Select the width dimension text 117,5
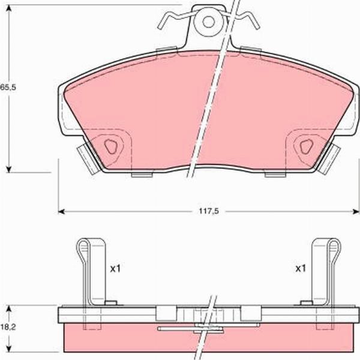[206, 211]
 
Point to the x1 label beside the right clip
[300, 268]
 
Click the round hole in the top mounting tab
[208, 22]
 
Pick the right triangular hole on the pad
[306, 146]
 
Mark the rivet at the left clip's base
[109, 302]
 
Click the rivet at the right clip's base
[307, 302]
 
